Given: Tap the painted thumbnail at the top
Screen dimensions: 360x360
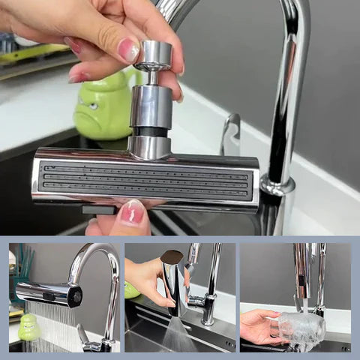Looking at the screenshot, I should [x=128, y=50].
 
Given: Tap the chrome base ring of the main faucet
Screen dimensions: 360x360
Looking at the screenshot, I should [x=277, y=184].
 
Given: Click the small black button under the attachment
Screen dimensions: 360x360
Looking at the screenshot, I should [x=100, y=210].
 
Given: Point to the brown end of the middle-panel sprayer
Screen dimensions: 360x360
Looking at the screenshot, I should [x=172, y=259].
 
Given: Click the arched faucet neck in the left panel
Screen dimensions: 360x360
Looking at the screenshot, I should [x=94, y=259].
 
